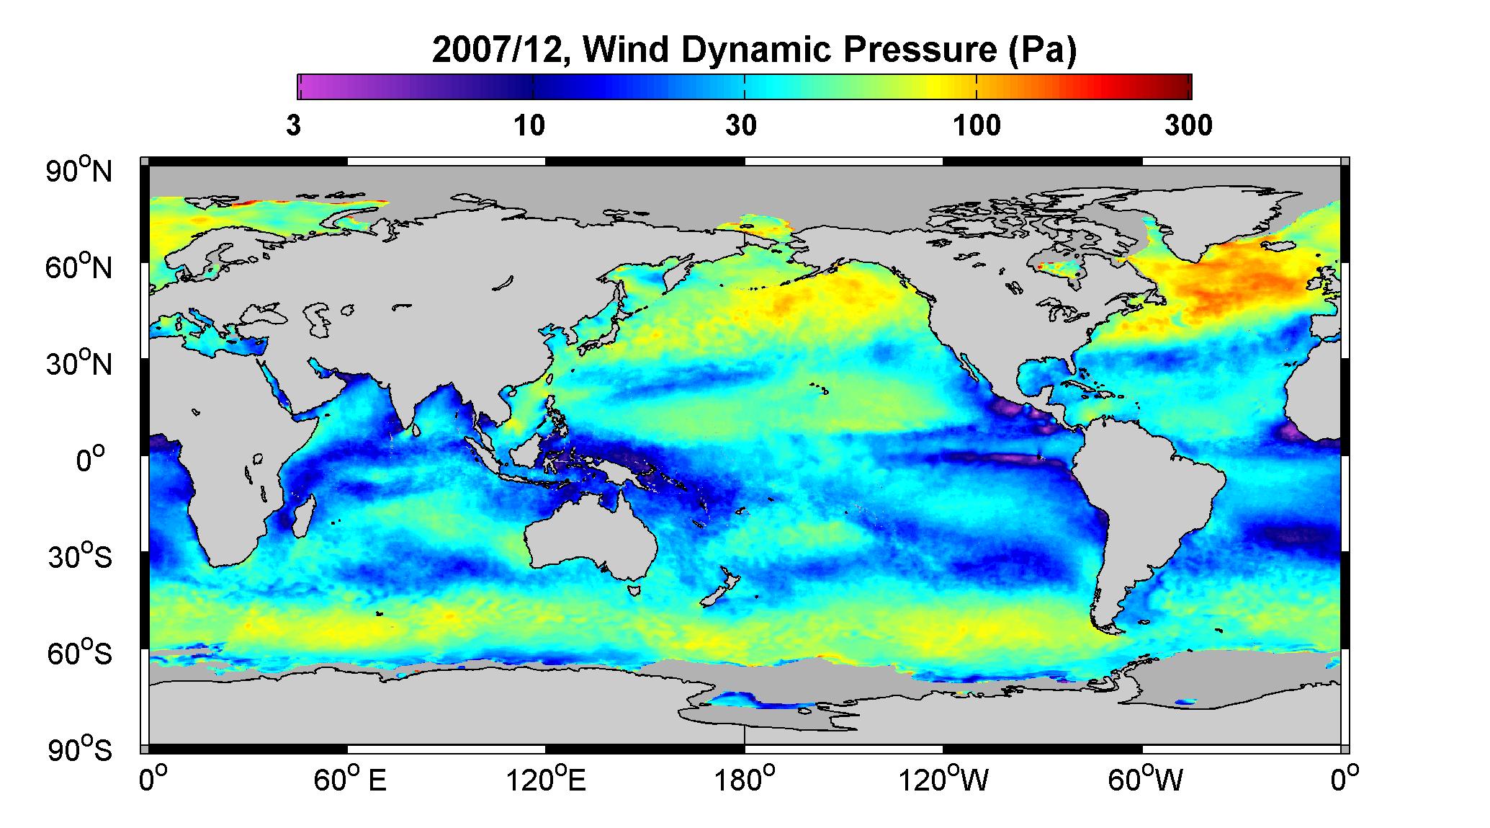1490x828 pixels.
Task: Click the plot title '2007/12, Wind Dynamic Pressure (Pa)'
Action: click(754, 50)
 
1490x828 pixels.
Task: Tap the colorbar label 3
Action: click(293, 126)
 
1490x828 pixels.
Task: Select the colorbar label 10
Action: click(529, 126)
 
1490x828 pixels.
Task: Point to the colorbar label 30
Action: click(741, 126)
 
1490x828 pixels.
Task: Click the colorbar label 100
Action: click(977, 126)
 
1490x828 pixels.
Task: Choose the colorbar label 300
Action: click(1188, 126)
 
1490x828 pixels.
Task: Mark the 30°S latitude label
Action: click(80, 556)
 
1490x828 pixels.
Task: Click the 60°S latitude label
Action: click(80, 653)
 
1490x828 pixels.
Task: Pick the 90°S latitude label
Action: click(80, 749)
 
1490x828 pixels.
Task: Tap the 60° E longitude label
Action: click(350, 780)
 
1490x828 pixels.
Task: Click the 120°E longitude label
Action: click(546, 780)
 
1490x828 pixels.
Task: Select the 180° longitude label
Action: click(745, 780)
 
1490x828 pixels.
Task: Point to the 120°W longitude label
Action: click(943, 780)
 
